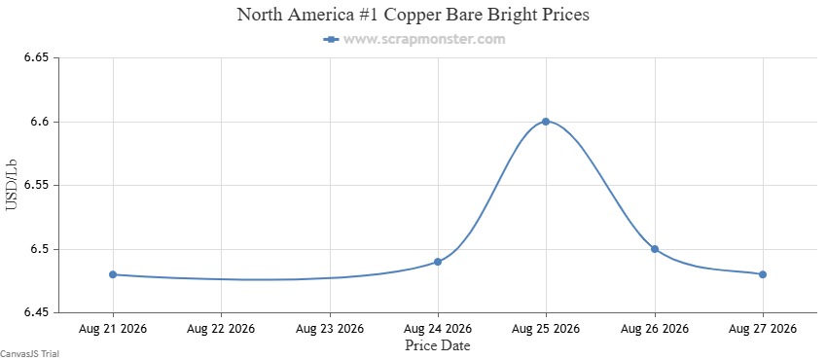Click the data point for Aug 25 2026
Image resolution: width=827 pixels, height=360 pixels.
click(x=546, y=122)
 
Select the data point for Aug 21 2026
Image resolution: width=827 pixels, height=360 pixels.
click(x=113, y=274)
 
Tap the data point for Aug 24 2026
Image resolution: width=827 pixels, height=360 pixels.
click(x=438, y=262)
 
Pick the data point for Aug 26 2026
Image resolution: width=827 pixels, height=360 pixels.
click(x=655, y=249)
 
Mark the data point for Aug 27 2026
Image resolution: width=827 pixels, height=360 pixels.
click(x=763, y=274)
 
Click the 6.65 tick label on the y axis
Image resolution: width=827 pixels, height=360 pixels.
click(x=36, y=58)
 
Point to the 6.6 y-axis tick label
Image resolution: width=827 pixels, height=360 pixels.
click(x=40, y=122)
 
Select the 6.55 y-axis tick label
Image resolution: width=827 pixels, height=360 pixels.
click(x=36, y=186)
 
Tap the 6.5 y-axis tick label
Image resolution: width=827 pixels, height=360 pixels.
click(x=40, y=249)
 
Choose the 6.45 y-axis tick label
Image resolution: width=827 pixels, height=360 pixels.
click(x=36, y=313)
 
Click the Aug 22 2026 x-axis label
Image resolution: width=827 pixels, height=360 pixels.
click(x=221, y=329)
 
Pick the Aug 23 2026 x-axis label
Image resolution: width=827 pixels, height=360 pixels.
click(x=330, y=329)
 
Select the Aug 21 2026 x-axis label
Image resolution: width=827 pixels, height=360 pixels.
click(x=113, y=329)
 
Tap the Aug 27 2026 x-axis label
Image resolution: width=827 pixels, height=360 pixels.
click(x=763, y=329)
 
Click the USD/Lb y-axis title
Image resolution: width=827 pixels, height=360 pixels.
click(x=12, y=186)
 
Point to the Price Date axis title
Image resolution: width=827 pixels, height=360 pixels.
click(x=438, y=345)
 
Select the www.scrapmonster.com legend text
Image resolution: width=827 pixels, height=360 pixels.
click(x=424, y=40)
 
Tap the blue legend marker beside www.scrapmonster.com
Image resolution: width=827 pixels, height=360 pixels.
click(x=331, y=40)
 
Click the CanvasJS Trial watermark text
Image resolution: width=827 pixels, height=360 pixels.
click(x=29, y=354)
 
